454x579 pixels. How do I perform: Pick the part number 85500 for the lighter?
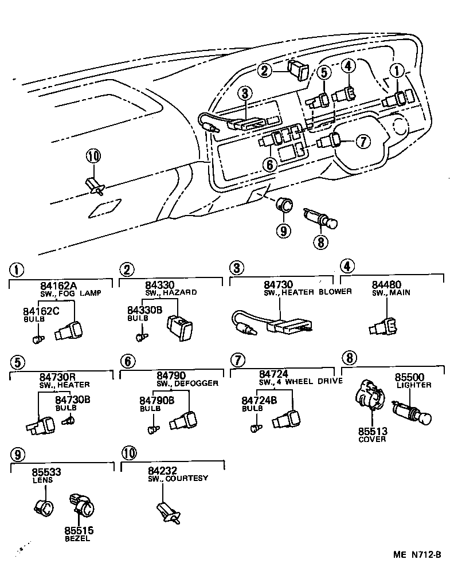(409, 378)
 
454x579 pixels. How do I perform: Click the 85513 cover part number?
(373, 432)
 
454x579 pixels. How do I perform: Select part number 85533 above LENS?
(46, 473)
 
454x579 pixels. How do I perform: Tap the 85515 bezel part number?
(79, 531)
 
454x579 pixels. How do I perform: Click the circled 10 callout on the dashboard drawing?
(93, 155)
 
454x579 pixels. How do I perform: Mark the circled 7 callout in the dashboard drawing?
(363, 140)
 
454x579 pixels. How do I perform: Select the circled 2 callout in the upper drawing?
(264, 71)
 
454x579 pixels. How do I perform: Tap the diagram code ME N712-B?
(417, 554)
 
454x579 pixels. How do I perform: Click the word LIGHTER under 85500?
(413, 385)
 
